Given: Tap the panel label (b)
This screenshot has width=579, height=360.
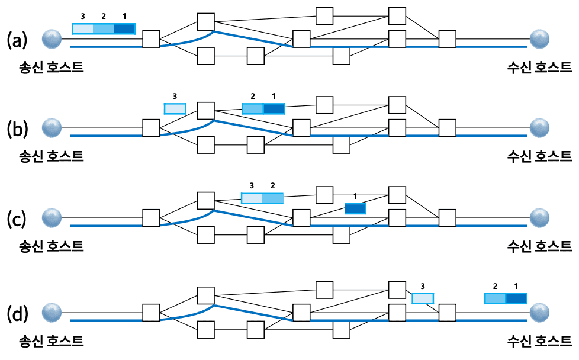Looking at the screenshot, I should pos(17,128).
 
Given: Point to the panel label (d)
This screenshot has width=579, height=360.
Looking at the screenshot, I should pos(17,312).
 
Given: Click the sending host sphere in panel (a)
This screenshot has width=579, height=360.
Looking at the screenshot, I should pos(53,39).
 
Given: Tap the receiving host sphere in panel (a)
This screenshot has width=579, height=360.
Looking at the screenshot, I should pos(539,39).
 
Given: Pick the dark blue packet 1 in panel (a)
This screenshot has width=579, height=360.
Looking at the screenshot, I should pos(124,28).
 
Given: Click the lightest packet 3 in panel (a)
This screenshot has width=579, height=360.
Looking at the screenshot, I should pos(83,28).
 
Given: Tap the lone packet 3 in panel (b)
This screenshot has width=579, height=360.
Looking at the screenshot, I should pos(175,108).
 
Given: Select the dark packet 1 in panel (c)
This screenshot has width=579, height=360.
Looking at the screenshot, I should pos(355,208).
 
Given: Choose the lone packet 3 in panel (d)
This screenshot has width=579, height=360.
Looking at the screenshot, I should pos(423,298).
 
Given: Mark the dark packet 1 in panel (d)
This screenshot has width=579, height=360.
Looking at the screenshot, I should pos(516,298).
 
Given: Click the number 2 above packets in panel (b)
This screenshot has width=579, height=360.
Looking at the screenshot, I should pos(253,95).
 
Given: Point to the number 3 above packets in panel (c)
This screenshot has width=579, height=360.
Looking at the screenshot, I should pos(252,185).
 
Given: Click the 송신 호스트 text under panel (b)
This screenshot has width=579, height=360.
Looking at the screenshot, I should pos(50,156).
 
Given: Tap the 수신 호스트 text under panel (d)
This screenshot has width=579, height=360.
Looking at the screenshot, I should pos(539,340).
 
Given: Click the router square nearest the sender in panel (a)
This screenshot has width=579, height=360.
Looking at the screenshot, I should pos(152,39).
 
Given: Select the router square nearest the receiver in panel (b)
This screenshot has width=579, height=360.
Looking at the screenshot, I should pos(448,127).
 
